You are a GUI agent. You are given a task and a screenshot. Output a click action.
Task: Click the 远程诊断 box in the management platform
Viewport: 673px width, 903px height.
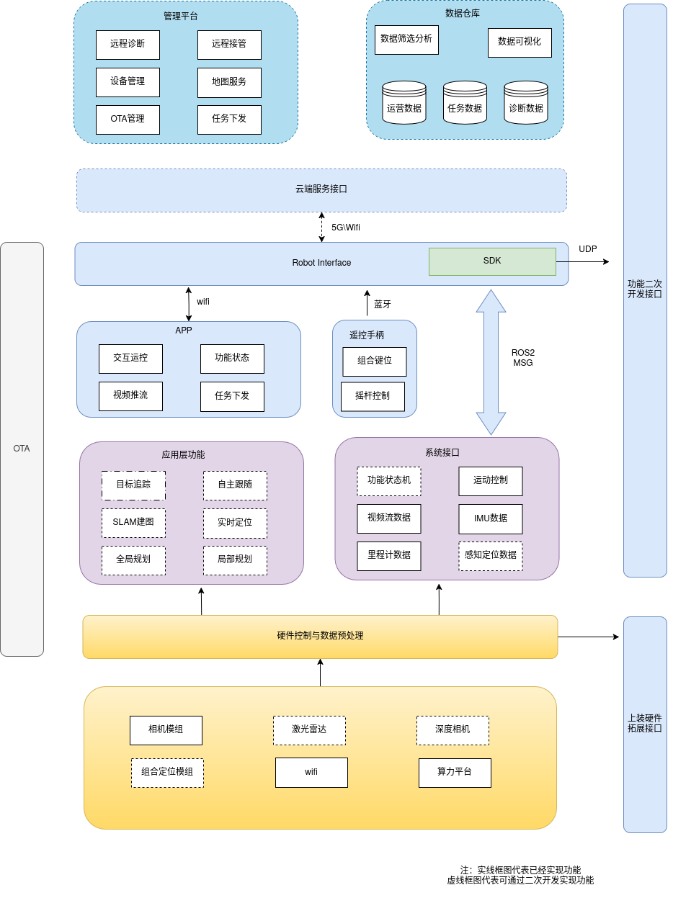click(x=128, y=45)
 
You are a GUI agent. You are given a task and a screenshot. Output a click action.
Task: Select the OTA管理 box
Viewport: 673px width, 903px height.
click(x=128, y=120)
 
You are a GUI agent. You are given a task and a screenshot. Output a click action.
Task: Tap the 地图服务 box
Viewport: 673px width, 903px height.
click(x=229, y=82)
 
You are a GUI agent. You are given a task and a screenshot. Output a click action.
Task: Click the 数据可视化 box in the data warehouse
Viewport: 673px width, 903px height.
click(x=520, y=42)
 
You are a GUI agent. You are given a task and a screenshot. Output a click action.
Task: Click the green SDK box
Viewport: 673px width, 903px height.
click(x=492, y=261)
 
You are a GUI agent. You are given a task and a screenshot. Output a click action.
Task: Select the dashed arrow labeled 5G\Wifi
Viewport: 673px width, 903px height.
click(x=322, y=228)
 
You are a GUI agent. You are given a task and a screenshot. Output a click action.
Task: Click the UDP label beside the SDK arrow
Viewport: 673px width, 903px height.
click(x=588, y=249)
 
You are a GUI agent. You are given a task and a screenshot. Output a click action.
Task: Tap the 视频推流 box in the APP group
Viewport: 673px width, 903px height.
click(x=130, y=396)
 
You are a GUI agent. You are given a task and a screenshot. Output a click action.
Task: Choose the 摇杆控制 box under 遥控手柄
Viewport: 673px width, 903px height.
click(x=373, y=397)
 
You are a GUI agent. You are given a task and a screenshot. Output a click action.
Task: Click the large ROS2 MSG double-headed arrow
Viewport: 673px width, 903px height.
click(x=491, y=362)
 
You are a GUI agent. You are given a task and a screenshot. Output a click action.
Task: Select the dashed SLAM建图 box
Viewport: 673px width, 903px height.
click(x=133, y=523)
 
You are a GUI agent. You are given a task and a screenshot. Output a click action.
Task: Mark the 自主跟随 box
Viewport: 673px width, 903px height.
click(x=235, y=485)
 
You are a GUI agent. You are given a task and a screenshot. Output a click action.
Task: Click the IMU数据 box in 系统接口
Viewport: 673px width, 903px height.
click(x=491, y=518)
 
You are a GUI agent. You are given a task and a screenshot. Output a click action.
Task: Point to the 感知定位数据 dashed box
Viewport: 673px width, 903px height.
click(x=491, y=556)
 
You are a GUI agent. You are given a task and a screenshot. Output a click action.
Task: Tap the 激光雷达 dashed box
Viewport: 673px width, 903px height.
click(x=309, y=730)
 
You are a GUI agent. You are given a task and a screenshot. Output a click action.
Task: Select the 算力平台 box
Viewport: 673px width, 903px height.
click(x=455, y=773)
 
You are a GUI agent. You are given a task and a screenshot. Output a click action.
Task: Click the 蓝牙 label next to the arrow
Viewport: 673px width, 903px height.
click(x=383, y=305)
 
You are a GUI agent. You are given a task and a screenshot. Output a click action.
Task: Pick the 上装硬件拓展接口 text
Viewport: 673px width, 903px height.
click(x=645, y=723)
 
